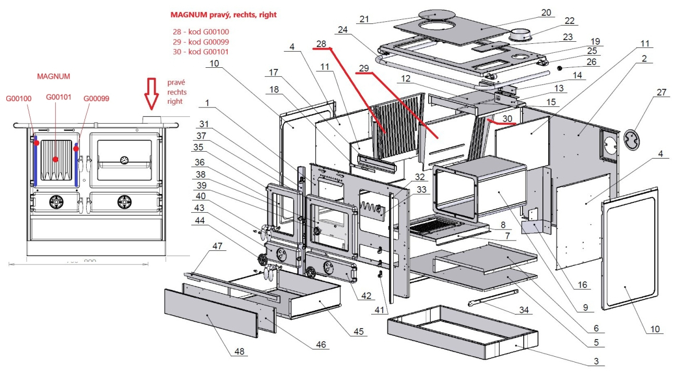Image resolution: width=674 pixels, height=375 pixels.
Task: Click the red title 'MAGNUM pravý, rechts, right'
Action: pyautogui.click(x=223, y=15)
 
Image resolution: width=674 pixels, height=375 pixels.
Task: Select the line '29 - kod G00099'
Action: pyautogui.click(x=200, y=42)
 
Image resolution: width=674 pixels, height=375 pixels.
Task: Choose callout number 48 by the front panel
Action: pyautogui.click(x=239, y=352)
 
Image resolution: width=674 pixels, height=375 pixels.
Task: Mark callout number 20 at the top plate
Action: pyautogui.click(x=546, y=12)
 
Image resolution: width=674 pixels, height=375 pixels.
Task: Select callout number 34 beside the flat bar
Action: pyautogui.click(x=524, y=310)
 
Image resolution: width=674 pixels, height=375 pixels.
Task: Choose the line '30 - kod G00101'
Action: pyautogui.click(x=200, y=52)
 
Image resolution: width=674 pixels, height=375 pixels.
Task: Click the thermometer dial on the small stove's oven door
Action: pyautogui.click(x=124, y=160)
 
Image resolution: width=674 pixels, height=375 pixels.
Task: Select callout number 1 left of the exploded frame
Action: pyautogui.click(x=208, y=103)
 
